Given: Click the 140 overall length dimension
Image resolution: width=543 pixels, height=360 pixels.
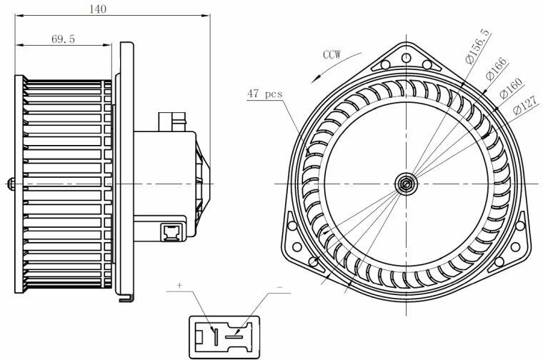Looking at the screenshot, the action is pyautogui.click(x=98, y=9).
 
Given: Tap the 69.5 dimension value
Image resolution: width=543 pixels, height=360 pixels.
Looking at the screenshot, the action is pyautogui.click(x=63, y=39).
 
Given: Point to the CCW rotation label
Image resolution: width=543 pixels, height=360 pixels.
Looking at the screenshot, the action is pyautogui.click(x=332, y=54).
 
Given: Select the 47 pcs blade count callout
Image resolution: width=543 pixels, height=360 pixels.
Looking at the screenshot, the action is pyautogui.click(x=264, y=94).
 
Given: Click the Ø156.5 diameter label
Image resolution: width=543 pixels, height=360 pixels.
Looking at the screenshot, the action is pyautogui.click(x=478, y=46).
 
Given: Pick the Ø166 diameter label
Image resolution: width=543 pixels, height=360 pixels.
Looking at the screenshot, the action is pyautogui.click(x=496, y=69).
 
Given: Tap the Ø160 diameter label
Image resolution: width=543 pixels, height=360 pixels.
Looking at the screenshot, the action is pyautogui.click(x=511, y=89).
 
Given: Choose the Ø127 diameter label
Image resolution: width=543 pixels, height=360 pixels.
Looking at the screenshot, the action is pyautogui.click(x=526, y=105).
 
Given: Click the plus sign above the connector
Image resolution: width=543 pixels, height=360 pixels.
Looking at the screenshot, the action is pyautogui.click(x=179, y=286).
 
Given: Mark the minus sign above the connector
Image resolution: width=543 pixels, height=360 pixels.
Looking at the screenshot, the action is pyautogui.click(x=280, y=287).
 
